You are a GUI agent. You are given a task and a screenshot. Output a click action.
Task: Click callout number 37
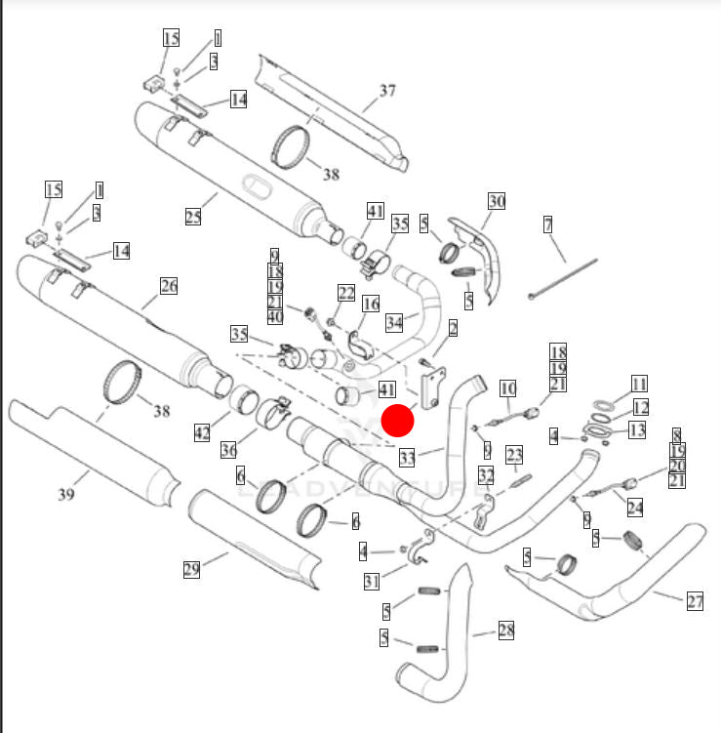click(x=387, y=91)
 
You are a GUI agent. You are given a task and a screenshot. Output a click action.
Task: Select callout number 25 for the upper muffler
click(x=193, y=215)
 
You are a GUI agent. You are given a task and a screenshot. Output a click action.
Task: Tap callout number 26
click(x=169, y=286)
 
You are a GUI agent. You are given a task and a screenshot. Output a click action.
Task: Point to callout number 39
click(x=65, y=494)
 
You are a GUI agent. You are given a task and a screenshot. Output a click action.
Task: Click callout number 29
click(x=191, y=569)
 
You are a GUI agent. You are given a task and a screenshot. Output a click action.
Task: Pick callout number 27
click(x=695, y=601)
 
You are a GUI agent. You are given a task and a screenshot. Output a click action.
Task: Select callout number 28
click(x=505, y=631)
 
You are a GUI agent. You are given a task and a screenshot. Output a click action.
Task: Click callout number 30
click(x=497, y=201)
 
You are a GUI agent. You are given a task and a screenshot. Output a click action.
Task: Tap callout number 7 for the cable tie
click(x=548, y=225)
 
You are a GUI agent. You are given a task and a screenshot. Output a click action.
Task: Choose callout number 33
click(x=408, y=456)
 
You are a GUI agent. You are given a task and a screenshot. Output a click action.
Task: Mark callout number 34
click(x=394, y=322)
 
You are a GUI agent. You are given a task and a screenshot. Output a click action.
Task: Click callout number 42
click(x=202, y=432)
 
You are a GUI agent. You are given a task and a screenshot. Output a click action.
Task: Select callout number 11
click(x=639, y=383)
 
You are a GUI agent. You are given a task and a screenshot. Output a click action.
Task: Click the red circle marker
click(x=397, y=421)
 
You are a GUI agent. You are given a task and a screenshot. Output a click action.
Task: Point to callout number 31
click(x=371, y=582)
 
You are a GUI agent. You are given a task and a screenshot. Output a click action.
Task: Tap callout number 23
click(x=514, y=454)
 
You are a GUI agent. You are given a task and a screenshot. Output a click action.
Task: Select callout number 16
click(x=370, y=305)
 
